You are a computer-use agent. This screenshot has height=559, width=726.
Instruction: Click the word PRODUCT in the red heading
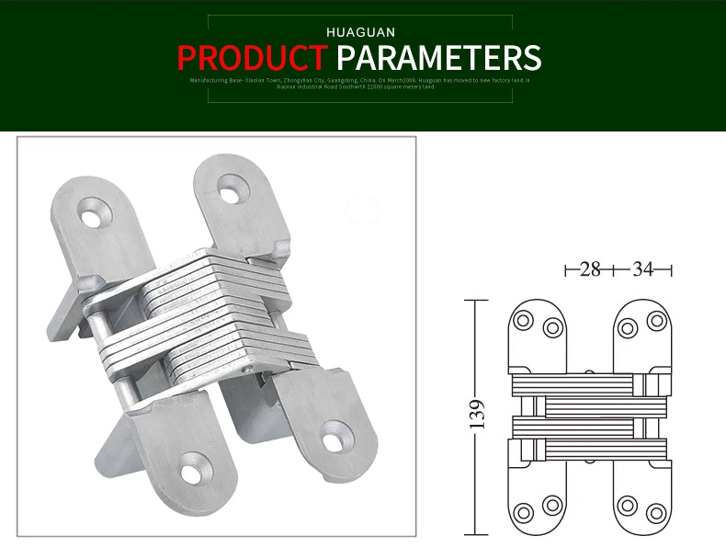point(251,57)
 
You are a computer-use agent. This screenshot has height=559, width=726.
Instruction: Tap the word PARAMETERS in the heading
point(438,57)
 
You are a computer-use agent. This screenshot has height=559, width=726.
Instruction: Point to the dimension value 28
point(590,269)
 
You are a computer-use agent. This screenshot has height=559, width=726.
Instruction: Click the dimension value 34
point(642,269)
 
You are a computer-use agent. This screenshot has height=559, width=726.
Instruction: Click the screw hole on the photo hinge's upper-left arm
point(92,219)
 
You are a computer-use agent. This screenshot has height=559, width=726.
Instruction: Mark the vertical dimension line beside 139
point(474,416)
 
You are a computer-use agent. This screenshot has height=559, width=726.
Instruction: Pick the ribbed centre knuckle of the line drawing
point(588,416)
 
